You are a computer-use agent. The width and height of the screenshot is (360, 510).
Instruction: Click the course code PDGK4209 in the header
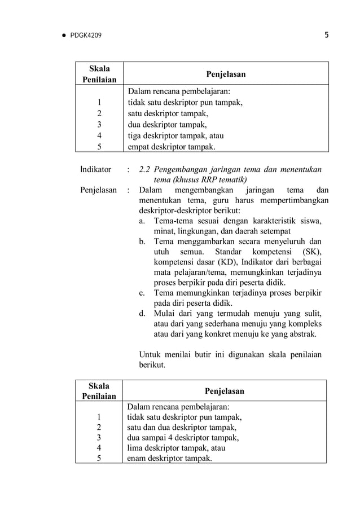(x=86, y=36)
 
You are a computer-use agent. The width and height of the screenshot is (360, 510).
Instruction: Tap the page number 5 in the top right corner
(x=327, y=36)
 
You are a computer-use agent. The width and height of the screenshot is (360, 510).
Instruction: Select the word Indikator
(x=95, y=169)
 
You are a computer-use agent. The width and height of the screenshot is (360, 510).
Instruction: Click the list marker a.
(x=143, y=220)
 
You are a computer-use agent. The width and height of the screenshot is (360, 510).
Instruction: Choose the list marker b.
(x=143, y=241)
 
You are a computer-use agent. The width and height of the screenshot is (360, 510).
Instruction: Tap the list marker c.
(x=143, y=293)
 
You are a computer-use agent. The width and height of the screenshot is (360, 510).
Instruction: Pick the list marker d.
(x=143, y=314)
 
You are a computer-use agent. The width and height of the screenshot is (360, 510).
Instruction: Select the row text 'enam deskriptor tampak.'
(x=170, y=458)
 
